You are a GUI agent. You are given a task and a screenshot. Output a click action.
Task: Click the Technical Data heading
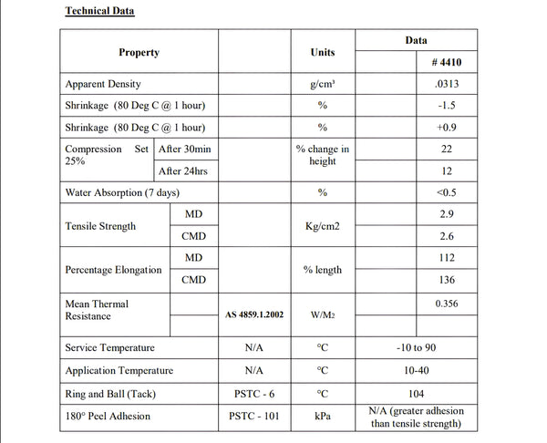(99, 12)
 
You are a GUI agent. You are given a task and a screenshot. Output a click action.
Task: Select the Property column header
(139, 53)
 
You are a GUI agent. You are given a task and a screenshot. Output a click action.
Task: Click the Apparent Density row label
(103, 84)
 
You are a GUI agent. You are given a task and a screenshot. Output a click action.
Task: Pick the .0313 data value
(445, 84)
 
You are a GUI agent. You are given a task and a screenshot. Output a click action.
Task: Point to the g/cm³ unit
(323, 84)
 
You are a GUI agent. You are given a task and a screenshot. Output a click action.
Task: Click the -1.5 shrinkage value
(445, 106)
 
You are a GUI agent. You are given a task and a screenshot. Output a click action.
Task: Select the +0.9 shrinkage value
(445, 128)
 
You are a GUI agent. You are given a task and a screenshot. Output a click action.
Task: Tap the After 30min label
(185, 149)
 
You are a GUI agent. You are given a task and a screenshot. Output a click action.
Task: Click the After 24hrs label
(185, 171)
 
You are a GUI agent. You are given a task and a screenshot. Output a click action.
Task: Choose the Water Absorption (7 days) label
(122, 193)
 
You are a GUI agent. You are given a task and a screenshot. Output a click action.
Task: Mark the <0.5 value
(445, 193)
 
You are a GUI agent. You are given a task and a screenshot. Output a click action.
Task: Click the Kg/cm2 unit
(323, 226)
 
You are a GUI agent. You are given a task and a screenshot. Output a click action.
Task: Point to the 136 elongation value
(445, 280)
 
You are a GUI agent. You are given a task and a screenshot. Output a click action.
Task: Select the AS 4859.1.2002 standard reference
(254, 315)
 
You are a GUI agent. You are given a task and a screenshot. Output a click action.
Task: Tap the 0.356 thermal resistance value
(445, 304)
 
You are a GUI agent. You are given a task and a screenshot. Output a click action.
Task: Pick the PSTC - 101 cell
(254, 417)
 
